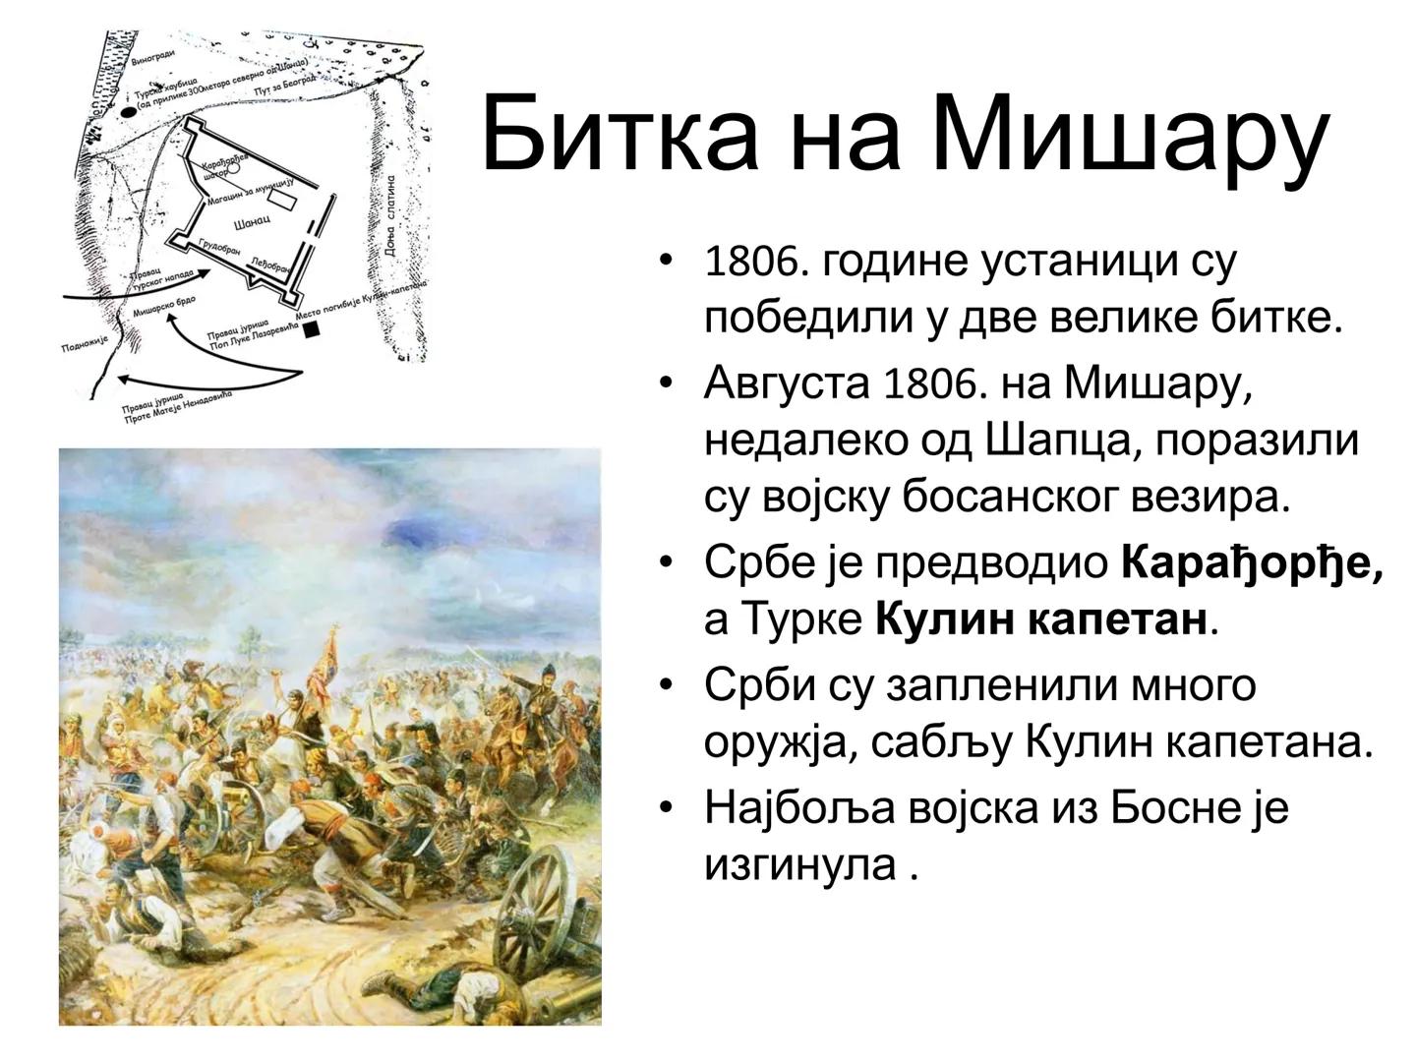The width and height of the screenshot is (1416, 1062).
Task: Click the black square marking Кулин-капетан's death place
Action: tap(313, 330)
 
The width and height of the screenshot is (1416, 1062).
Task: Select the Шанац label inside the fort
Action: tap(252, 222)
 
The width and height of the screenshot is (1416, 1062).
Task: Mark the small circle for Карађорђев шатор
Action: tap(233, 168)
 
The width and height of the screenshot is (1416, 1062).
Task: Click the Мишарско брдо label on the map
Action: tap(163, 307)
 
